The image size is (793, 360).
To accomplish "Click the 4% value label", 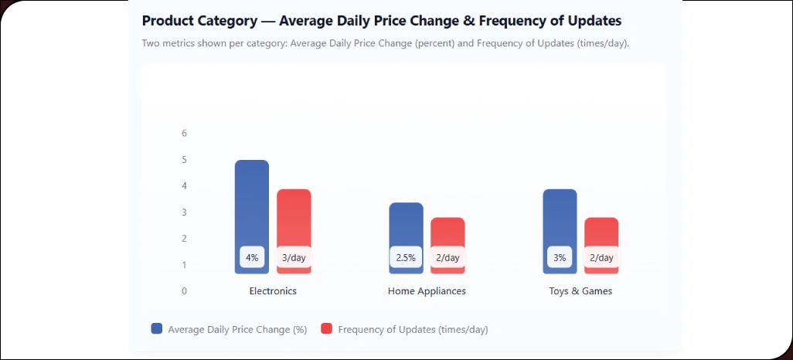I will (x=252, y=257).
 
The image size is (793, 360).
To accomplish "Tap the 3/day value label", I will (x=294, y=257).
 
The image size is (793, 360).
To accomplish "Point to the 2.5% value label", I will (x=406, y=257).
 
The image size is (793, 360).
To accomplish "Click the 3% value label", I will (x=560, y=257).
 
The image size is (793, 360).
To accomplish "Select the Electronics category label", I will (x=273, y=291).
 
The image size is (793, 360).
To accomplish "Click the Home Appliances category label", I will (x=427, y=291).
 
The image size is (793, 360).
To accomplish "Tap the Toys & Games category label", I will (x=580, y=291).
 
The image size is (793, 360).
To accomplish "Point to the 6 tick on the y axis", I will (x=184, y=133).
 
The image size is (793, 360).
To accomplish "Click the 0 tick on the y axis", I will (x=184, y=291).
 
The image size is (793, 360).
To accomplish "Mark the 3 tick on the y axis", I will (x=184, y=212).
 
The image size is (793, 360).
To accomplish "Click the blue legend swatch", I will (x=157, y=328).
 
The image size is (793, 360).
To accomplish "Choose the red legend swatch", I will (x=327, y=328).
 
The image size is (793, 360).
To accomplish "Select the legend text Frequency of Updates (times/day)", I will (x=413, y=329).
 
